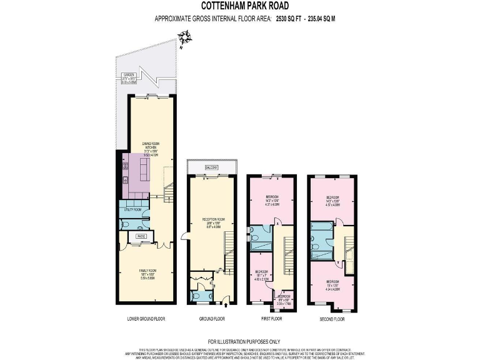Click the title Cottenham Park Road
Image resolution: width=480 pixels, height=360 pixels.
(x=239, y=7)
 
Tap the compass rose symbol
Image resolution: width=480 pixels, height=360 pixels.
(x=181, y=42)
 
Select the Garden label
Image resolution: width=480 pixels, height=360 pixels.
(x=129, y=77)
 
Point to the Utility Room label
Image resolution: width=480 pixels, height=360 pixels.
(x=133, y=210)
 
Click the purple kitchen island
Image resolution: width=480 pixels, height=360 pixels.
(x=144, y=167)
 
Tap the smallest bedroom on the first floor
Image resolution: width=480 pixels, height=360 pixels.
(x=284, y=299)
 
